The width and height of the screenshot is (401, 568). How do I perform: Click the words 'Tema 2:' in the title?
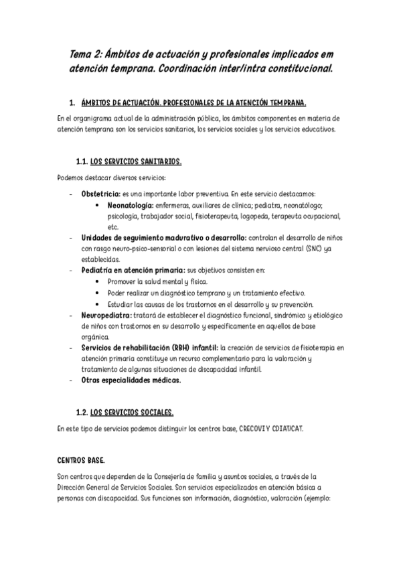click(x=86, y=54)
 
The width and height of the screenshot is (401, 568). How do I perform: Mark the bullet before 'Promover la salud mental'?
click(x=98, y=282)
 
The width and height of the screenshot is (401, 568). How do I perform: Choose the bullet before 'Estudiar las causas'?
click(x=98, y=303)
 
